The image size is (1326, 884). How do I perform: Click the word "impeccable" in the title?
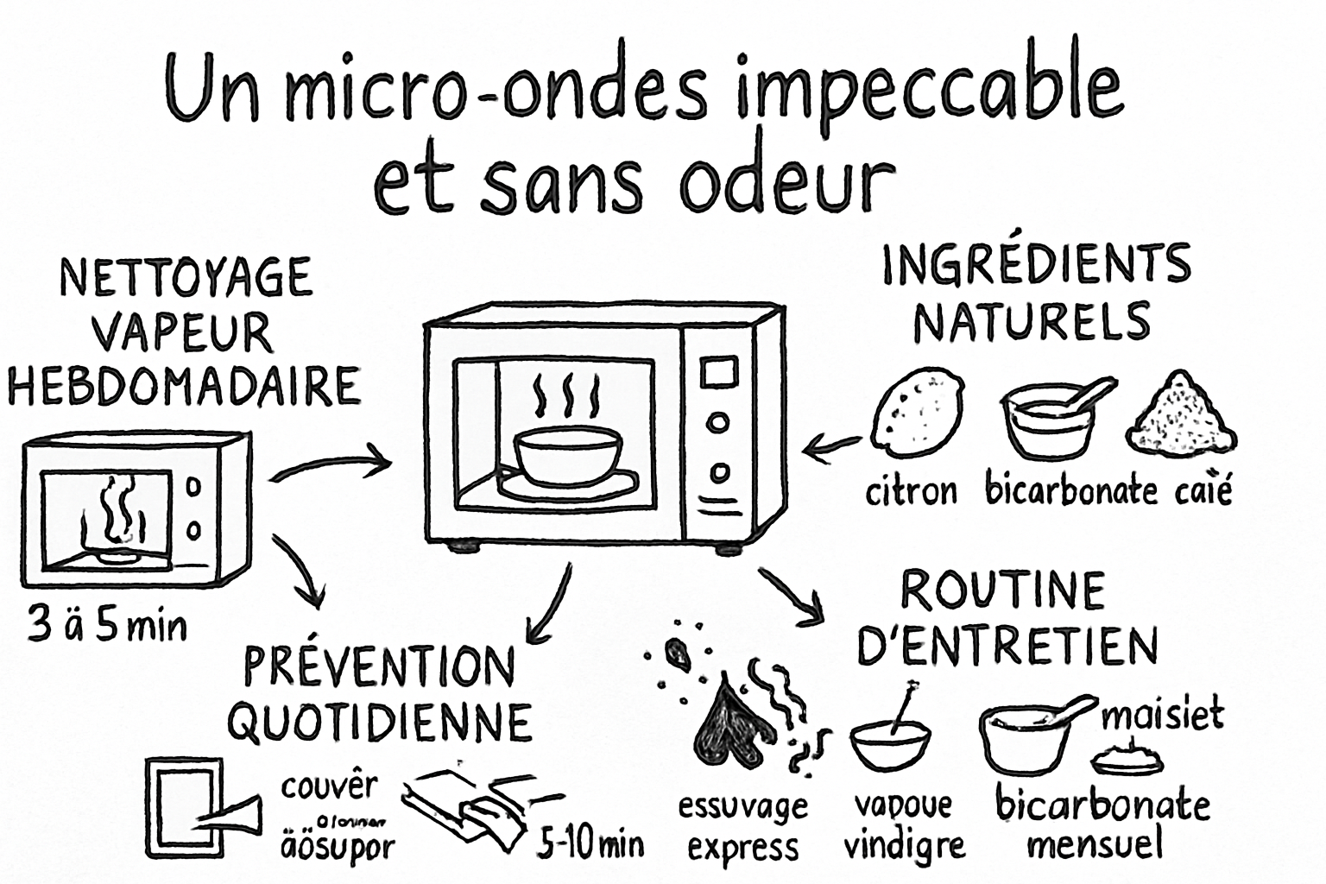click(929, 92)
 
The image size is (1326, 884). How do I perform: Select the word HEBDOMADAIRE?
click(184, 386)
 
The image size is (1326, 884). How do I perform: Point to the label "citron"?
click(912, 491)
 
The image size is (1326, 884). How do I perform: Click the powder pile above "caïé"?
click(1181, 414)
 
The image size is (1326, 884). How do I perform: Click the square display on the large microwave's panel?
click(718, 372)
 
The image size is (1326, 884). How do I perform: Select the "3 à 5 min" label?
click(107, 625)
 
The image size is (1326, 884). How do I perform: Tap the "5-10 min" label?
click(591, 843)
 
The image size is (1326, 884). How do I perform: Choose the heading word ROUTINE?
click(1002, 591)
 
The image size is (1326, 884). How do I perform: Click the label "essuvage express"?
click(742, 827)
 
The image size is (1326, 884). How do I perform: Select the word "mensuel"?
click(1095, 843)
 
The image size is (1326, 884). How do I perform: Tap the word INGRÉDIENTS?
click(1036, 266)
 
